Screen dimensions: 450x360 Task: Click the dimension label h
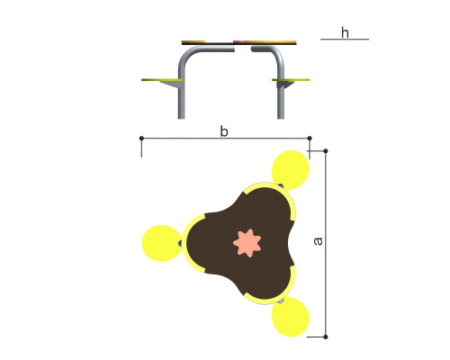pos(345,32)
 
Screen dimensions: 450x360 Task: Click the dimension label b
pos(224,131)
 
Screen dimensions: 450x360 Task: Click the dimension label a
pos(318,241)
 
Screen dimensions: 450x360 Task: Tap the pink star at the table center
pos(247,243)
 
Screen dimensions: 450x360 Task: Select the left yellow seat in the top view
pos(161,243)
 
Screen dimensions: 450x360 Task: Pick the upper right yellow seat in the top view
pos(291,170)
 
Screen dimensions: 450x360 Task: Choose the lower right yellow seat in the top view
pos(291,317)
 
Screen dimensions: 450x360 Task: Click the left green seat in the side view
pos(162,80)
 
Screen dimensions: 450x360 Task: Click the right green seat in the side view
pos(291,80)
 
